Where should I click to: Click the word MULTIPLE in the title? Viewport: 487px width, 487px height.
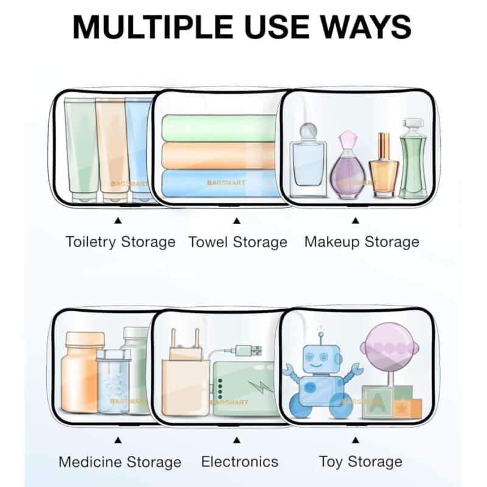click(153, 27)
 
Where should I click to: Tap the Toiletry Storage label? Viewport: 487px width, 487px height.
click(121, 242)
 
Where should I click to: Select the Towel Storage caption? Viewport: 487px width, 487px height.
click(238, 242)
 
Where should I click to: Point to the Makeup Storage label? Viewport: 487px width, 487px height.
click(362, 242)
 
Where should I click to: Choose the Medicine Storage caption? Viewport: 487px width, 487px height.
click(120, 462)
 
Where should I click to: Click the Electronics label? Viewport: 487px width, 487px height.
click(239, 461)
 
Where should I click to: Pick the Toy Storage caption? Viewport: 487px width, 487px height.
click(360, 462)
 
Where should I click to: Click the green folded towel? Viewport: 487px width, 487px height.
click(219, 128)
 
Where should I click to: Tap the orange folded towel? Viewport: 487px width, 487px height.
click(219, 156)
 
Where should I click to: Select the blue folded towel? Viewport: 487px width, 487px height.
click(219, 183)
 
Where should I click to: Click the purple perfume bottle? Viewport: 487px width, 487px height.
click(348, 164)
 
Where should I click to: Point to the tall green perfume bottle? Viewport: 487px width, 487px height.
click(413, 158)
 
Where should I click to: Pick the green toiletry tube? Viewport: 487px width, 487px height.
click(82, 150)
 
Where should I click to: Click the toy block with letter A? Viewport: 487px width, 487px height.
click(377, 402)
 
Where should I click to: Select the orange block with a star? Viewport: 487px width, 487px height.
click(407, 408)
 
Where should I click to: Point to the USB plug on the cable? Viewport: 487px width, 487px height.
click(248, 351)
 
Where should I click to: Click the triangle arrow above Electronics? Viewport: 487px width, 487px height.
click(237, 440)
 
